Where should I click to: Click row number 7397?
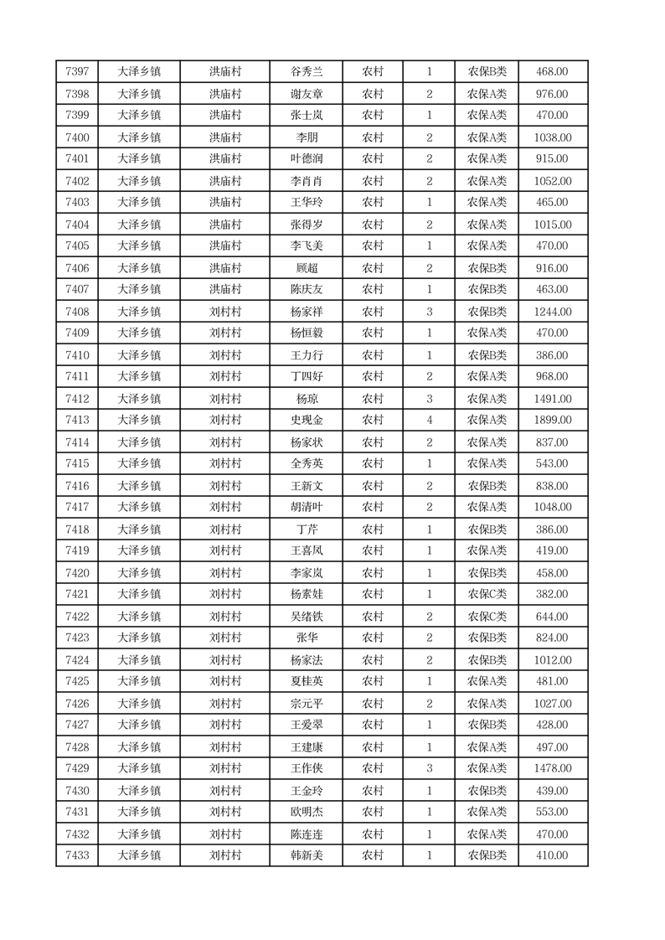[x=77, y=72]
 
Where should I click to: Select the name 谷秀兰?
[x=306, y=72]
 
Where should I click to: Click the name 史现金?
[x=306, y=420]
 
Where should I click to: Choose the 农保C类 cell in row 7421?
[x=487, y=594]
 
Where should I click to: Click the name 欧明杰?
[x=306, y=812]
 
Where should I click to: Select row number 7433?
[x=77, y=855]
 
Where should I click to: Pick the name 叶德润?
[x=306, y=159]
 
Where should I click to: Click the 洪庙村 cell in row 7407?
[x=224, y=290]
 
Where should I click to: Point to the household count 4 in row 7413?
[x=429, y=420]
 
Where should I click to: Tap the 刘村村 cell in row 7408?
[x=224, y=312]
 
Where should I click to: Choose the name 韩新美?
[x=306, y=855]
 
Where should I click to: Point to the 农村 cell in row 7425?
[x=372, y=681]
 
